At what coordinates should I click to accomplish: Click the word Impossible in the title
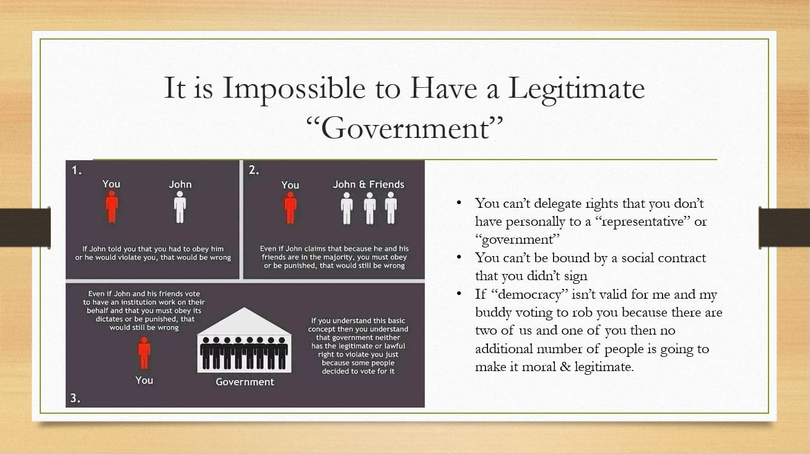(294, 89)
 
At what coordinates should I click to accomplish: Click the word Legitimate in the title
(576, 89)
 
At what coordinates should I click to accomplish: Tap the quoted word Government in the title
(404, 128)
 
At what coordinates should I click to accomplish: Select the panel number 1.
(76, 171)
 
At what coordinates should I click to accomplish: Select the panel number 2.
(254, 170)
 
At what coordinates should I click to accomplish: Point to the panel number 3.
(75, 398)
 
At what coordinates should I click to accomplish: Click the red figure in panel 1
(111, 207)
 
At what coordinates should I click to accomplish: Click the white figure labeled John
(180, 207)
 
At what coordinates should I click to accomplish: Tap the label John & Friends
(368, 184)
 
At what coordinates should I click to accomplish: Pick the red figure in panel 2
(290, 208)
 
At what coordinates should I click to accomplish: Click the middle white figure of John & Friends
(370, 208)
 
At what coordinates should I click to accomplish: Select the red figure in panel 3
(144, 353)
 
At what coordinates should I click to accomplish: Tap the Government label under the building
(245, 382)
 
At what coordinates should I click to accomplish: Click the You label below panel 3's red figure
(144, 380)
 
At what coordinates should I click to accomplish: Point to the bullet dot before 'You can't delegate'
(459, 203)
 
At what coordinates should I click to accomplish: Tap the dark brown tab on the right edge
(784, 228)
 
